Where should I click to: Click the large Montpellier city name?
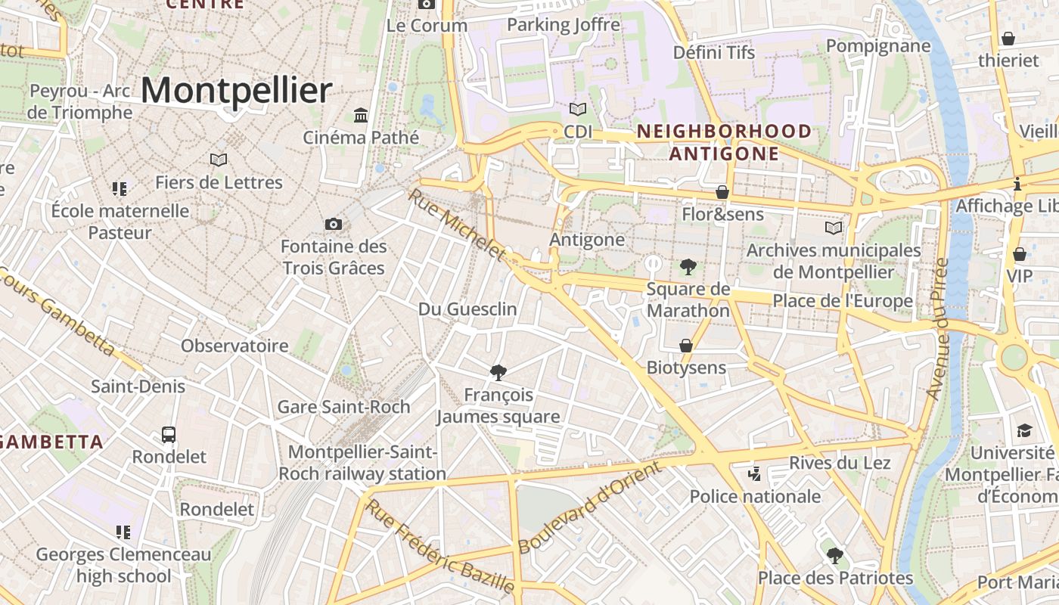click(x=236, y=91)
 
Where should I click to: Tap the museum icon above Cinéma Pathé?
click(x=361, y=116)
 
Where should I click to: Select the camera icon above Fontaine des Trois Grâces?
click(x=333, y=224)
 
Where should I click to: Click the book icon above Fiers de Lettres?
click(x=219, y=160)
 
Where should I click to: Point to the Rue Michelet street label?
click(x=456, y=224)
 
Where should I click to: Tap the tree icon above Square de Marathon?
click(x=688, y=266)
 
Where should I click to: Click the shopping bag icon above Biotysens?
click(x=686, y=346)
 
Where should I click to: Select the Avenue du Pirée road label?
click(x=938, y=329)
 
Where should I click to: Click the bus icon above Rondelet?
click(x=169, y=435)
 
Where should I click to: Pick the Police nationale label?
click(x=755, y=496)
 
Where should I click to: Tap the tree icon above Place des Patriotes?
click(x=834, y=556)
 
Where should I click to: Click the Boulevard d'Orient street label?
click(x=590, y=507)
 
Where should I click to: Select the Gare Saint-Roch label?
click(x=343, y=406)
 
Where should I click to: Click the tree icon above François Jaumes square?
click(x=498, y=372)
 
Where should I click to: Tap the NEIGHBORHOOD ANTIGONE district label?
click(x=724, y=142)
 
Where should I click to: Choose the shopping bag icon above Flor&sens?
click(x=722, y=192)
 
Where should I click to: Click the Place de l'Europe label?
click(x=842, y=301)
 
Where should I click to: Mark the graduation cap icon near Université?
click(x=1023, y=430)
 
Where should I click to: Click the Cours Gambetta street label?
click(x=57, y=312)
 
